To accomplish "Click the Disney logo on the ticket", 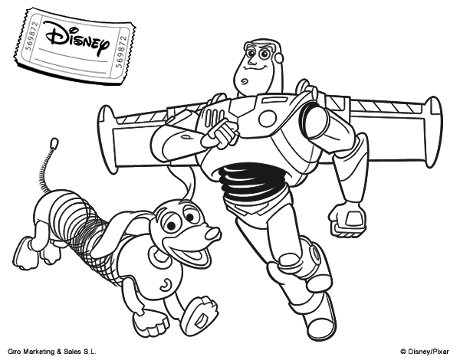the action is [x=77, y=39].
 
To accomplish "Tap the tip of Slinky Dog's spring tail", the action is [x=54, y=142].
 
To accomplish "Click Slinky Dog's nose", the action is [x=212, y=233].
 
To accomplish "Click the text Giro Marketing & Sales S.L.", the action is [x=52, y=352].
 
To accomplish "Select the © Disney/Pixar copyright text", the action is [x=425, y=352].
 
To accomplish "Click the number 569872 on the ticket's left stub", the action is [x=30, y=36].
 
